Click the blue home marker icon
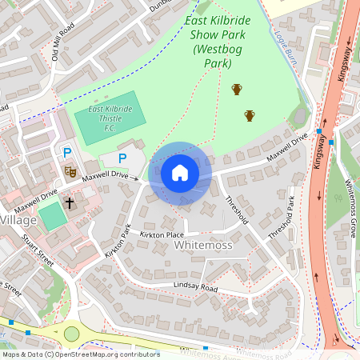pyautogui.click(x=180, y=173)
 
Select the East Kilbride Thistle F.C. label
pyautogui.click(x=106, y=118)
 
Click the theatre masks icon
pyautogui.click(x=70, y=170)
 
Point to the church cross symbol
pyautogui.click(x=70, y=202)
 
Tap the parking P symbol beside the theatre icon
pyautogui.click(x=68, y=152)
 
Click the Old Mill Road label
pyautogui.click(x=62, y=42)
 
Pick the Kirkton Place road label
pyautogui.click(x=162, y=234)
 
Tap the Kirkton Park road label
pyautogui.click(x=117, y=241)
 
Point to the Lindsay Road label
pyautogui.click(x=196, y=286)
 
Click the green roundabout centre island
pyautogui.click(x=72, y=333)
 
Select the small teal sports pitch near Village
pyautogui.click(x=51, y=216)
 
